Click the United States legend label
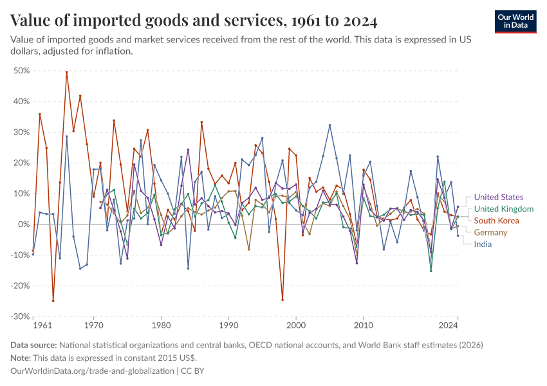(498, 198)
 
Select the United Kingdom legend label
(503, 209)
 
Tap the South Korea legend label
(496, 221)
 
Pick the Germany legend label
(490, 232)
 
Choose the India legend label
(483, 244)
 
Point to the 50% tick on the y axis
(21, 70)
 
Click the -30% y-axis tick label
(20, 317)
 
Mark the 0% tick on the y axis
(24, 225)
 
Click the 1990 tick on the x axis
(228, 327)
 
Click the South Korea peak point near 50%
(66, 72)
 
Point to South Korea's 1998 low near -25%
(282, 300)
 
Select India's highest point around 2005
(329, 125)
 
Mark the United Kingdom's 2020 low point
(431, 271)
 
